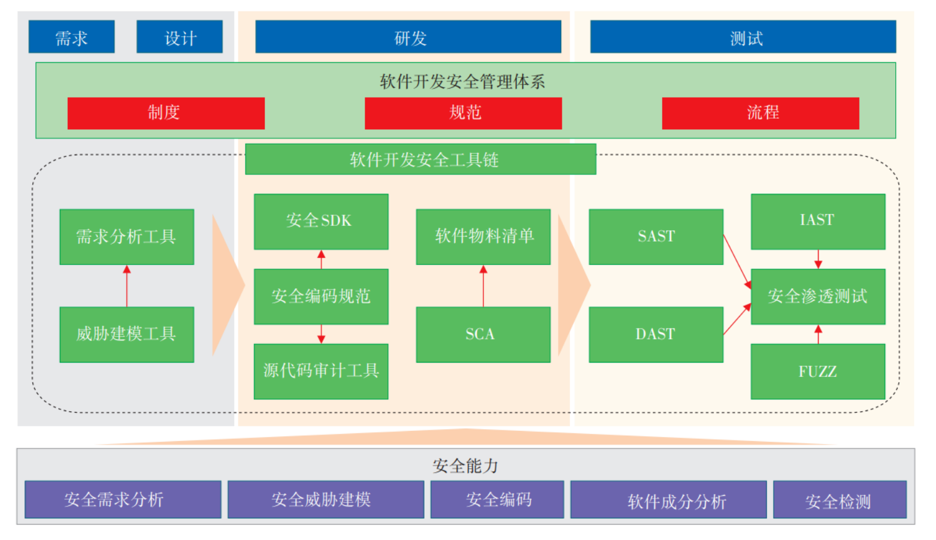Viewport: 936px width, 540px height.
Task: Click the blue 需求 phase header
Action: (71, 37)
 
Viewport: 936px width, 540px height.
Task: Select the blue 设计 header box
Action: (180, 37)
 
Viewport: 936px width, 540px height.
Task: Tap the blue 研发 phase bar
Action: (408, 37)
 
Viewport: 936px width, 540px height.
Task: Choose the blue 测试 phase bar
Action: (743, 37)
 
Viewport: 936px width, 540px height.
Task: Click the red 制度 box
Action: (166, 113)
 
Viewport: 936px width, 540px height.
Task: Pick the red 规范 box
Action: (463, 113)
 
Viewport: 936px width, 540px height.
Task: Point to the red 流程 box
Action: (760, 113)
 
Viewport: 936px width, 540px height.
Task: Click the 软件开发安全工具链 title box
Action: (420, 159)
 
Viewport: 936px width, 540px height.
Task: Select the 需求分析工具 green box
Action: (127, 237)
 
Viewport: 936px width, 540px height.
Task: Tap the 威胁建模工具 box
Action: (127, 334)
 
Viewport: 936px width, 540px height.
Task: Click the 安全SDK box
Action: (321, 221)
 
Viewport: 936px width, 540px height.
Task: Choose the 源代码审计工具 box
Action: (321, 372)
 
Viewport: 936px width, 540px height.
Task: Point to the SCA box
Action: (483, 334)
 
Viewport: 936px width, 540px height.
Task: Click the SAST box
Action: (656, 237)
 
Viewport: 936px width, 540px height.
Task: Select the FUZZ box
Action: (817, 372)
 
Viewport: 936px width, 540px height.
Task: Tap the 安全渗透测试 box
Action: (817, 296)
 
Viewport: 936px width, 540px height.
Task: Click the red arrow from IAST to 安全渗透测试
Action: (818, 260)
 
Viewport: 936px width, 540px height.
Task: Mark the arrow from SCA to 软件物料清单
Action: (483, 286)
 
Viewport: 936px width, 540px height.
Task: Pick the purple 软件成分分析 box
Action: (668, 500)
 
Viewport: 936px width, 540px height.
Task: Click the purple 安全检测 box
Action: (840, 500)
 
